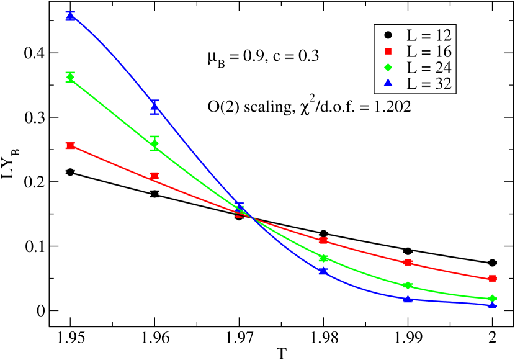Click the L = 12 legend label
point(429,35)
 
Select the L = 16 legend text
point(429,52)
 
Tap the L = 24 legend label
point(429,68)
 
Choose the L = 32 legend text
point(429,84)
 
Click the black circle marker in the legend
point(388,34)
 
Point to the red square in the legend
point(388,51)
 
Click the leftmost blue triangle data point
point(70,16)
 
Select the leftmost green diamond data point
point(70,78)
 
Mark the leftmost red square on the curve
point(70,145)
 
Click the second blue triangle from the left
point(154,107)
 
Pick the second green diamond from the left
point(154,144)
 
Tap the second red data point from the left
point(154,176)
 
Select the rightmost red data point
point(492,278)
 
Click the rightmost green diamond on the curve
point(492,299)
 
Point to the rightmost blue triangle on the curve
point(492,304)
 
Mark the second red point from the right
point(408,263)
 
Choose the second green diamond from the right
point(408,286)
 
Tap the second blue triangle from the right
point(408,299)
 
